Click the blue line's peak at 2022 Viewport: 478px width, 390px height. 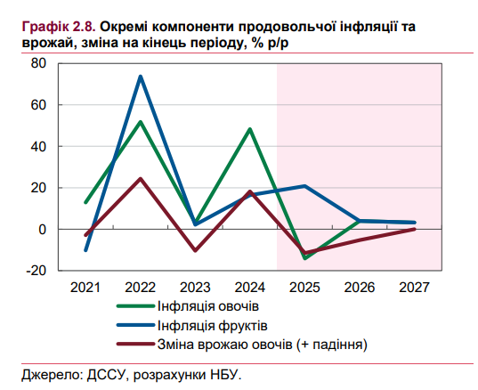coord(141,77)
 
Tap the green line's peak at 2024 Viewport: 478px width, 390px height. coord(250,129)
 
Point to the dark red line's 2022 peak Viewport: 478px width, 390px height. coord(141,179)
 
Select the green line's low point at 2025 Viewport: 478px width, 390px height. coord(305,258)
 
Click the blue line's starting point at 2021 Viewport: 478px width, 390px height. coord(85,250)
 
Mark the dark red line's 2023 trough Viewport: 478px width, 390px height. coord(196,251)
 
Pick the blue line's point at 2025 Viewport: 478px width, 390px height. coord(305,186)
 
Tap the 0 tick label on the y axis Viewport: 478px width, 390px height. coord(41,229)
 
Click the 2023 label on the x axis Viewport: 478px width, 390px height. coord(196,288)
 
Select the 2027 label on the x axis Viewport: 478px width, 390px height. coord(415,288)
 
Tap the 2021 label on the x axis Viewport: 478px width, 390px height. coord(85,288)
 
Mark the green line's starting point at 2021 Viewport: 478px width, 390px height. coord(85,202)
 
